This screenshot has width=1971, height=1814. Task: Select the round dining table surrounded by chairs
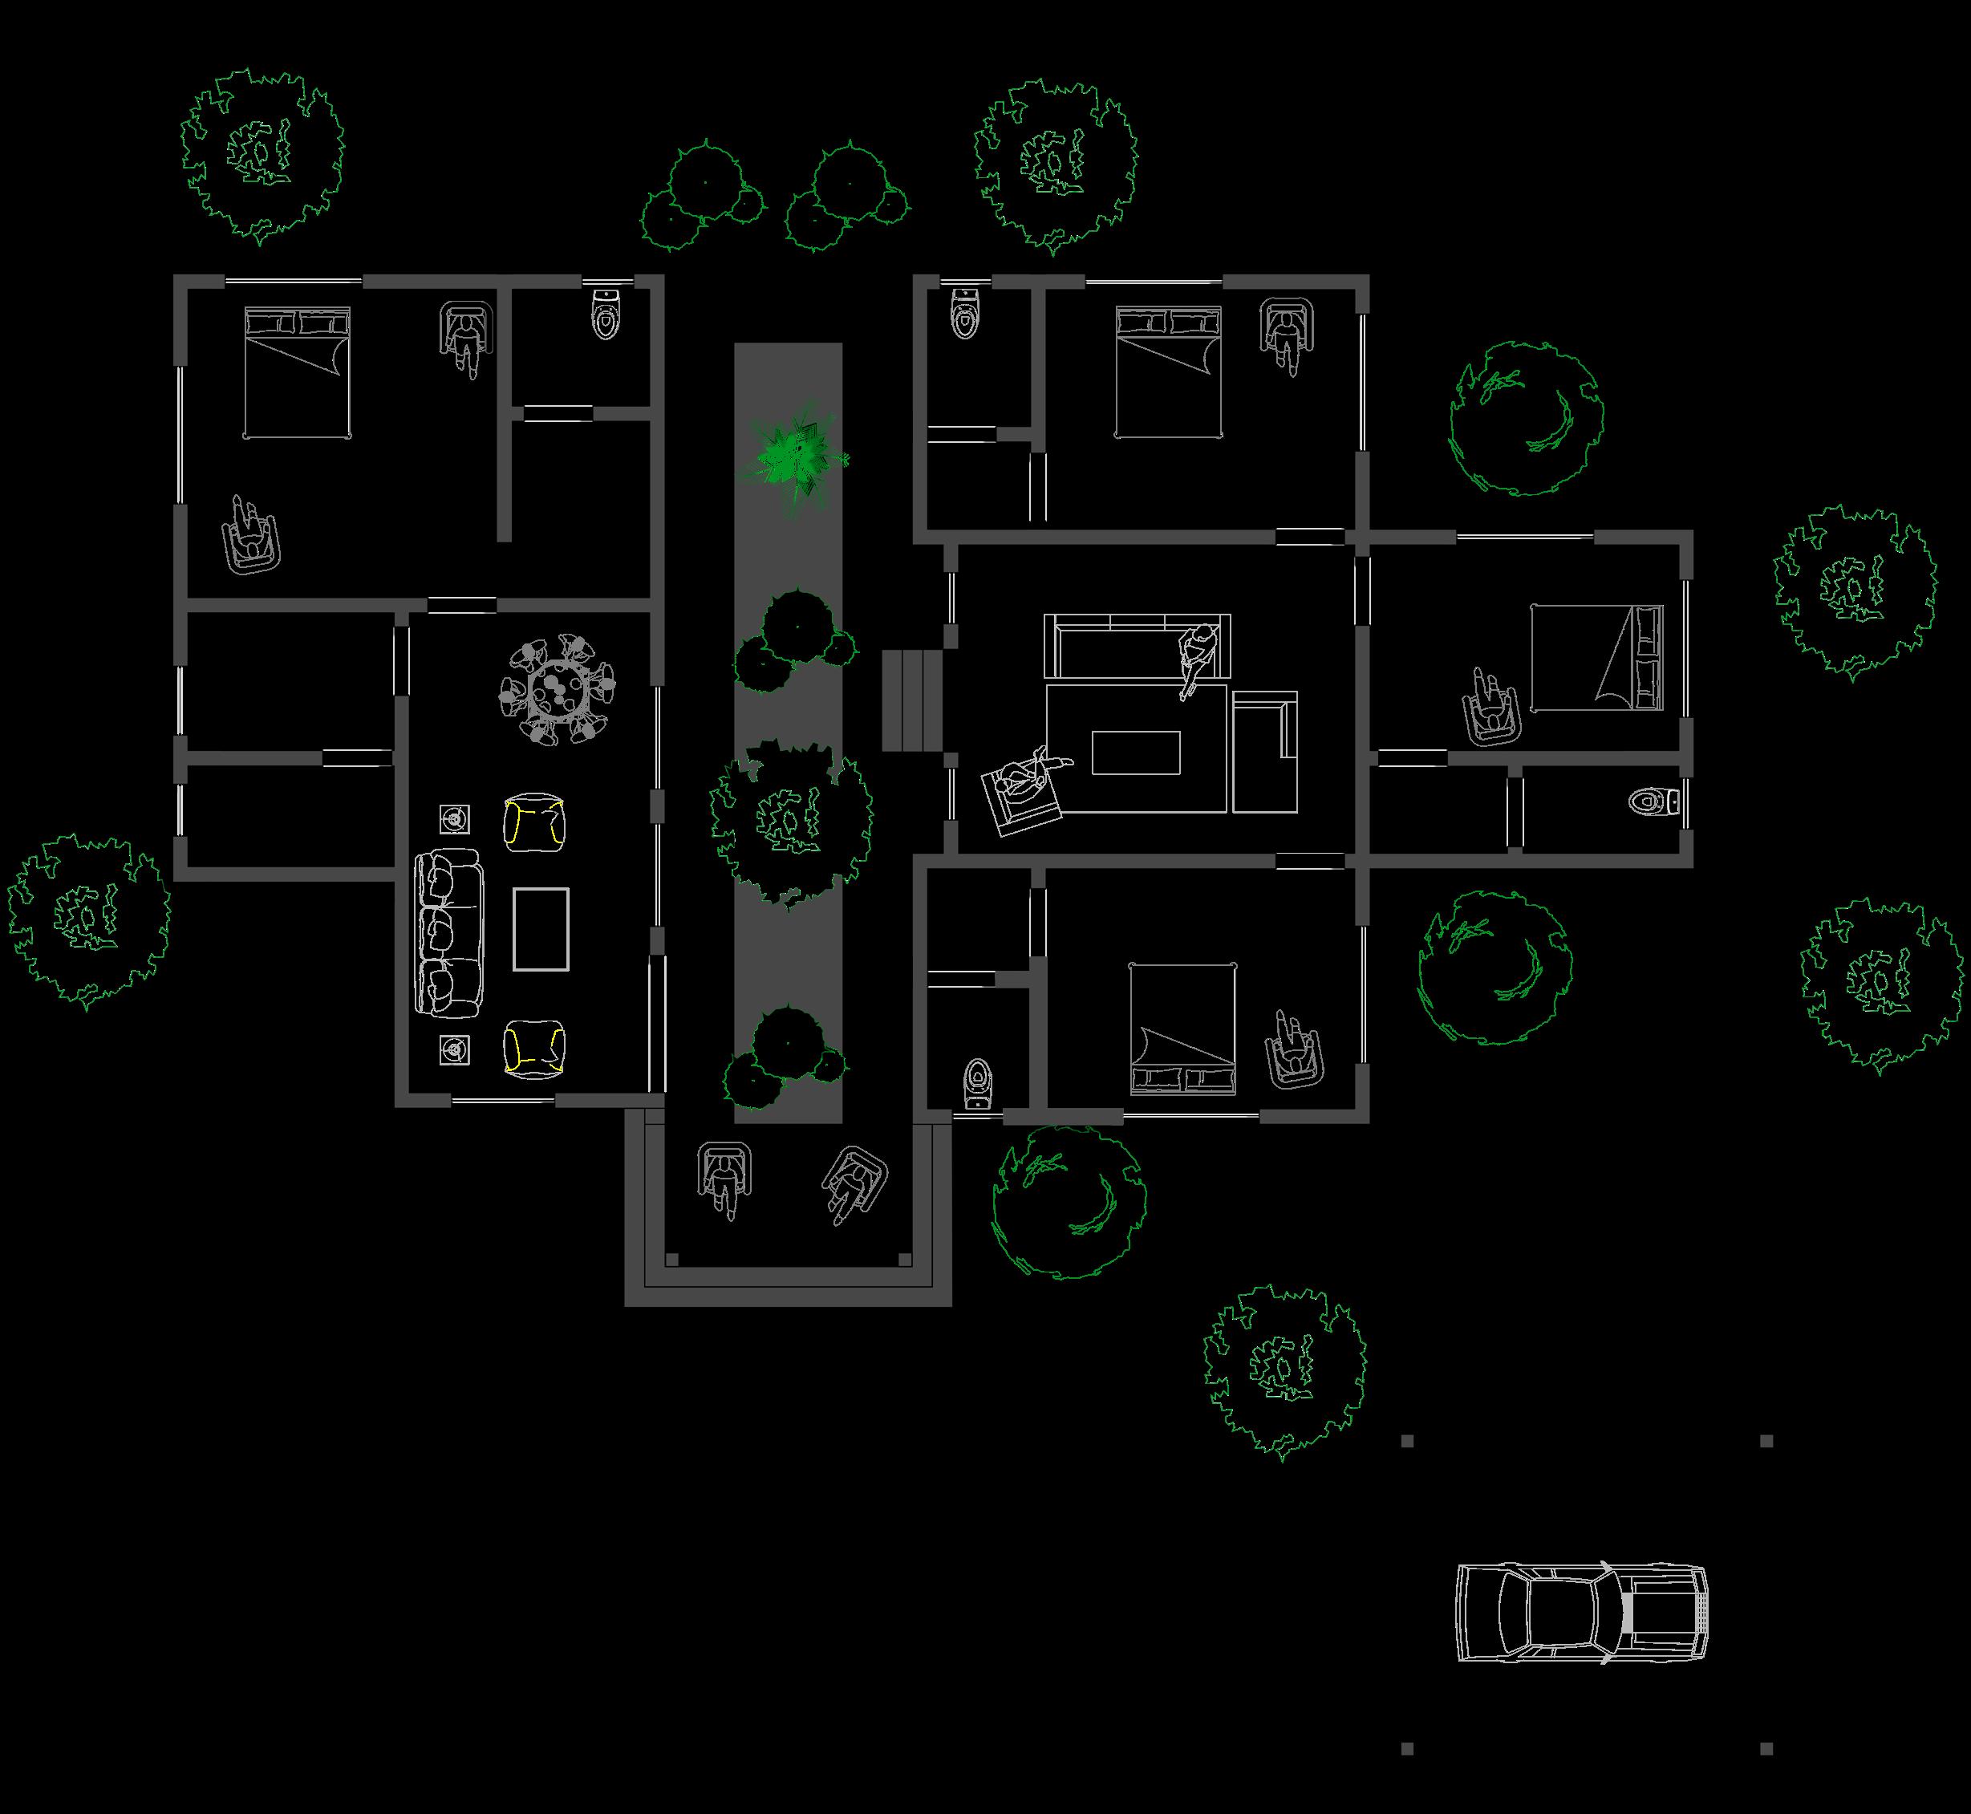point(556,689)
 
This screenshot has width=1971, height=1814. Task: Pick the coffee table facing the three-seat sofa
point(541,930)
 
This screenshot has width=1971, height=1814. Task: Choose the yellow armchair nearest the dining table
point(535,822)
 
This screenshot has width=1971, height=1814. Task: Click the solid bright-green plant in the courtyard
point(794,457)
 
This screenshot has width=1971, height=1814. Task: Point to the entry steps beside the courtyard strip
point(912,700)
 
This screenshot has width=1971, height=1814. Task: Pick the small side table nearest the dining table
point(453,818)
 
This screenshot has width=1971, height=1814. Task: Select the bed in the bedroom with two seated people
point(298,373)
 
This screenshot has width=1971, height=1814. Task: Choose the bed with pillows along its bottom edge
point(1182,1029)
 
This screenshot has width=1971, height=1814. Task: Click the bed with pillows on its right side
point(1597,658)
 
